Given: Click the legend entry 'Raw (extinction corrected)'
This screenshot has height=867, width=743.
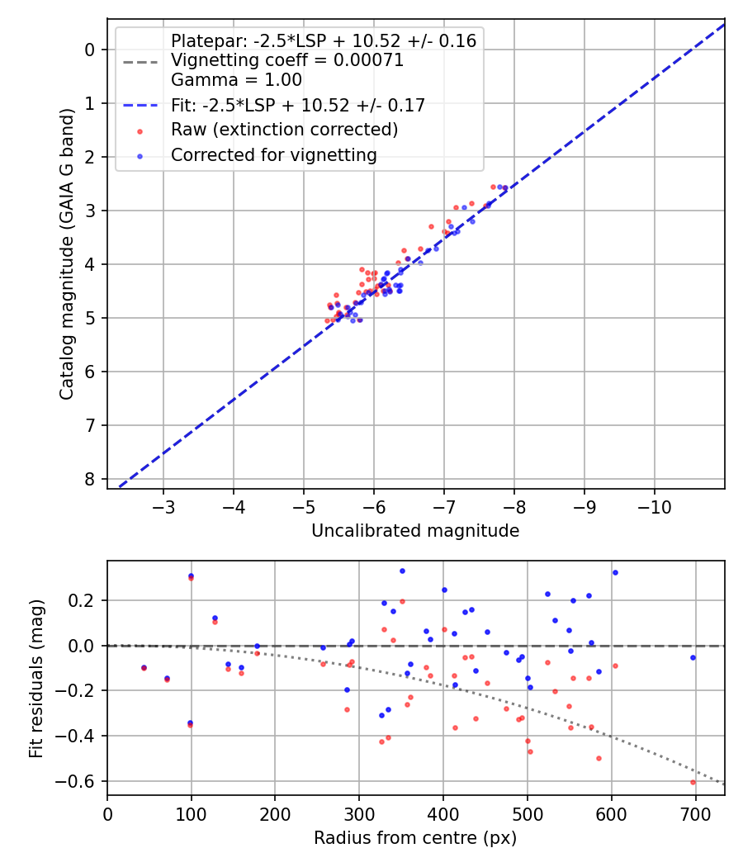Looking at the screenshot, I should pyautogui.click(x=284, y=130).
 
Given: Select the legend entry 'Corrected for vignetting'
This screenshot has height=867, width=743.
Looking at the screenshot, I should pyautogui.click(x=273, y=154).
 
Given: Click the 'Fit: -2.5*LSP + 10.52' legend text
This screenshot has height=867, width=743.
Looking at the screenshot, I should pyautogui.click(x=297, y=105).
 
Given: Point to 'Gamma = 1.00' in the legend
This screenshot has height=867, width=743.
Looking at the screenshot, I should pyautogui.click(x=236, y=80).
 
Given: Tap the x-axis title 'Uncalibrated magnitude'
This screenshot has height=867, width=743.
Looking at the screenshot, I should pyautogui.click(x=415, y=531).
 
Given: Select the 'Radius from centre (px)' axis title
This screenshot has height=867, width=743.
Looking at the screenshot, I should pyautogui.click(x=415, y=838).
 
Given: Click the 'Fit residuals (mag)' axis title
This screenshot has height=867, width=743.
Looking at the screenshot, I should pyautogui.click(x=35, y=678).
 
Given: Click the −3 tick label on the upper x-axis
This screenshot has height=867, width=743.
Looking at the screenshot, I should pyautogui.click(x=163, y=505).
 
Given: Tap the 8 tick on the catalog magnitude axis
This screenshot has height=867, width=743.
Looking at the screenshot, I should pyautogui.click(x=89, y=479).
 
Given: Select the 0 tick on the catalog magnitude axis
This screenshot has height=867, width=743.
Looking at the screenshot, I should pyautogui.click(x=89, y=50).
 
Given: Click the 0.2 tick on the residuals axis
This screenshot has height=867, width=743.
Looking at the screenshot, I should pyautogui.click(x=85, y=600).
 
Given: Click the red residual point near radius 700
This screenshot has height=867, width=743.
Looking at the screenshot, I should pyautogui.click(x=693, y=782).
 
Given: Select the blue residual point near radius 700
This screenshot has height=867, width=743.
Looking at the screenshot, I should pyautogui.click(x=693, y=657).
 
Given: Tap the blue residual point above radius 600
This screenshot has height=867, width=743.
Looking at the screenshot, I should pyautogui.click(x=614, y=572).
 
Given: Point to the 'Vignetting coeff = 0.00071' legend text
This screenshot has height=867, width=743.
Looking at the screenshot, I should pyautogui.click(x=286, y=60).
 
